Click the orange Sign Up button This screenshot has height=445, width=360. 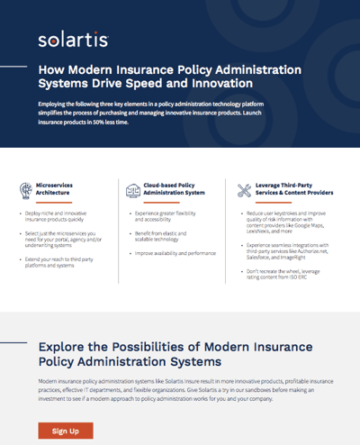pyautogui.click(x=66, y=431)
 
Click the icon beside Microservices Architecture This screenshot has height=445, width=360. pyautogui.click(x=27, y=190)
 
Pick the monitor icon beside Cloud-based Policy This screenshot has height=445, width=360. pyautogui.click(x=129, y=189)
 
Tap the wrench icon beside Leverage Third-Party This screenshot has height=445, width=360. pyautogui.click(x=243, y=190)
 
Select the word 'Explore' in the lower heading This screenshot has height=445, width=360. pyautogui.click(x=66, y=348)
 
